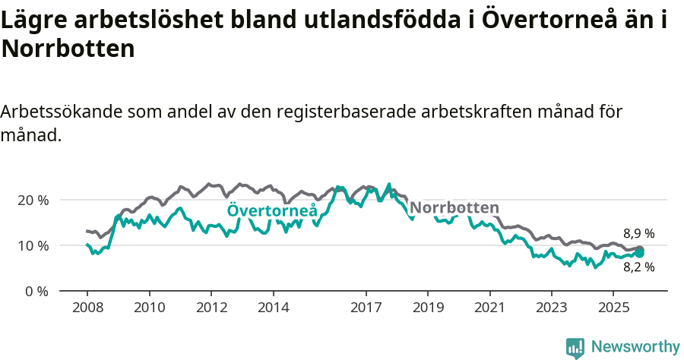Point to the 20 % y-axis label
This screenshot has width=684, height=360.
click(33, 200)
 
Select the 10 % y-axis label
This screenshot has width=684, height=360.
click(33, 245)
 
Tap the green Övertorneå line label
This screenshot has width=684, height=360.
click(272, 211)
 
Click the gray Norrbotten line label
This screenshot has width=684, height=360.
click(454, 208)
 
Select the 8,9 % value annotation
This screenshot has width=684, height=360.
click(638, 234)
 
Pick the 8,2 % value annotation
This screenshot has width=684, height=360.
click(638, 267)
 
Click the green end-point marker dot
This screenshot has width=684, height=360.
click(639, 253)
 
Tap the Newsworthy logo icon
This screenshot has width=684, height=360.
click(575, 347)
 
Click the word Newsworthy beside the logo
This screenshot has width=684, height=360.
click(635, 347)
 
